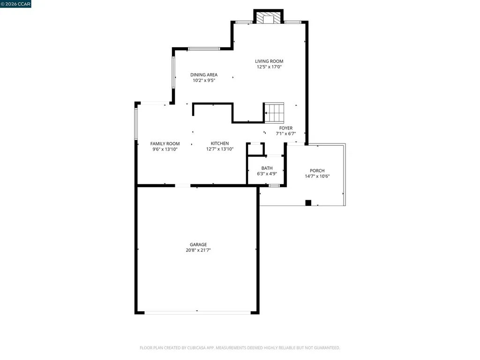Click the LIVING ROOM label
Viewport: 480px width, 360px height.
(269, 61)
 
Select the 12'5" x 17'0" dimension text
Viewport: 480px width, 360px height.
(269, 67)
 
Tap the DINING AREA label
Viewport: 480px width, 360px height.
(203, 75)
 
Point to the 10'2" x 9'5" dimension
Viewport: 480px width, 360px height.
(203, 81)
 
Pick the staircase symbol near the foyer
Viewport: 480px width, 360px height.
(275, 113)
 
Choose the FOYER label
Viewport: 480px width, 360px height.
(285, 128)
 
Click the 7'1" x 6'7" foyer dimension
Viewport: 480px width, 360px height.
(285, 134)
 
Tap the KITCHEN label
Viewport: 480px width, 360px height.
(219, 143)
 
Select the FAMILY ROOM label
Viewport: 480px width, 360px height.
(165, 143)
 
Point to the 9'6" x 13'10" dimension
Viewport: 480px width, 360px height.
(165, 150)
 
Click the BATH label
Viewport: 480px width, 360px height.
(267, 168)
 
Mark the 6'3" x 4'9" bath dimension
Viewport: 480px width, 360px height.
(267, 174)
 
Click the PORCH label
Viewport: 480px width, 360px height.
(317, 171)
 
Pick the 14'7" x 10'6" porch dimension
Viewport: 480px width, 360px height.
(317, 177)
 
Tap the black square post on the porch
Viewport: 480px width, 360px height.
(308, 203)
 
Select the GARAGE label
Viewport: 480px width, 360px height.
(198, 244)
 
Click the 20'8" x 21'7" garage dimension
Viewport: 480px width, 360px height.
(198, 250)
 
